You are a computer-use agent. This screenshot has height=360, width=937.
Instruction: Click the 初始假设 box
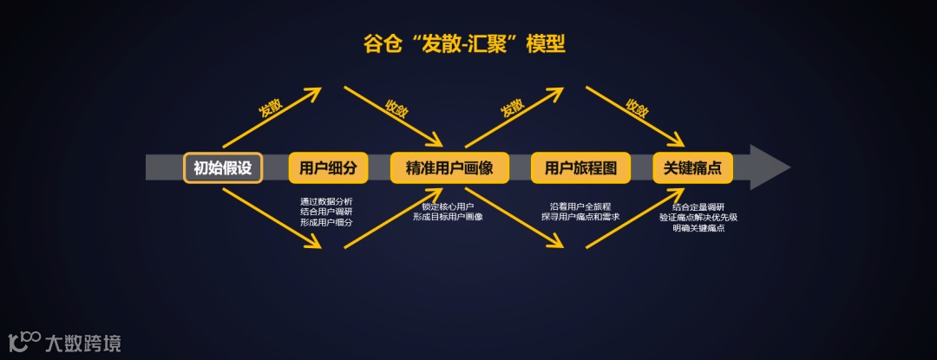point(223,167)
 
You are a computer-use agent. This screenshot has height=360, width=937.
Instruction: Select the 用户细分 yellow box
point(328,167)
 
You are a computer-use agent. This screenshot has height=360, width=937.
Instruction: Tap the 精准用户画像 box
point(449,167)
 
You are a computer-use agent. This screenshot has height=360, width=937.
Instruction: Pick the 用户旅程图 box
point(580,167)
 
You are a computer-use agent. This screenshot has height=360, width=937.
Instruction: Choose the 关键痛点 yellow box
point(692,167)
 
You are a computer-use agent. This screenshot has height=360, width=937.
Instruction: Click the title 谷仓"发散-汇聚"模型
point(464,43)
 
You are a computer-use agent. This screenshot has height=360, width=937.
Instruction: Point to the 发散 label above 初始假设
point(270,108)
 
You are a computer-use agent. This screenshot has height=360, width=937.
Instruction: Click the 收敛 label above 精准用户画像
point(396,108)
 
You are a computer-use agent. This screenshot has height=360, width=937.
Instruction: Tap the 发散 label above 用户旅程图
point(512,108)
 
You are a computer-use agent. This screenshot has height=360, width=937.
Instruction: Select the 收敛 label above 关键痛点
point(638,108)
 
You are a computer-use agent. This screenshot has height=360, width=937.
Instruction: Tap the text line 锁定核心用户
point(448,206)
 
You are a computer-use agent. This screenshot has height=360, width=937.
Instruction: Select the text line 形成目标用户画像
point(448,217)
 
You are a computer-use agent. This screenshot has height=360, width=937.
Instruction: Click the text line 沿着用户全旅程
point(580,206)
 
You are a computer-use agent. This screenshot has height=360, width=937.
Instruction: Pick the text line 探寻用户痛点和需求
point(580,217)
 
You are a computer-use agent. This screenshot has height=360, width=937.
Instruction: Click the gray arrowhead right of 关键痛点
point(768,167)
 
